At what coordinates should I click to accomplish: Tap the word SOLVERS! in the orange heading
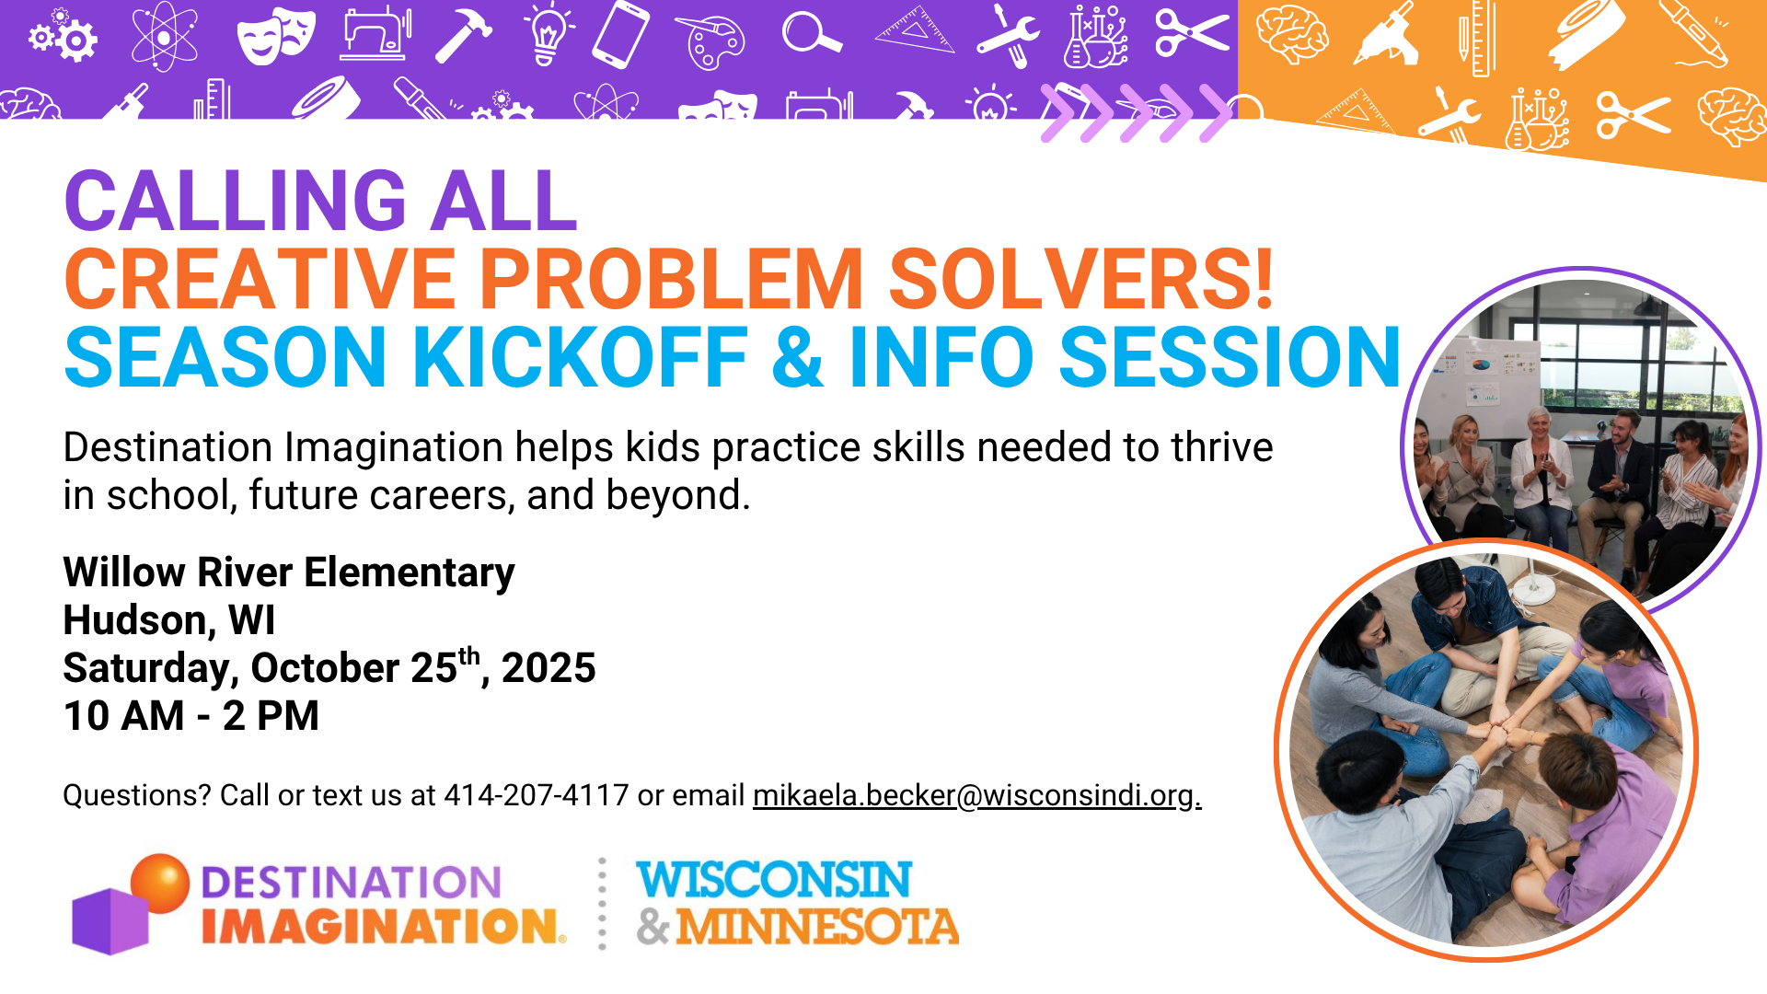(1081, 279)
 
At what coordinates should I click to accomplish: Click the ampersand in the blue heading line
(798, 357)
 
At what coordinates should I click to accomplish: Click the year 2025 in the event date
(549, 668)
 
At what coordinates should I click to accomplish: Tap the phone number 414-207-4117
(537, 795)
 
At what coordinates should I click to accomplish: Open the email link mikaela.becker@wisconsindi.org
(977, 795)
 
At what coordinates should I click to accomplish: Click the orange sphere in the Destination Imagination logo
(160, 882)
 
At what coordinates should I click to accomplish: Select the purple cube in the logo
(110, 921)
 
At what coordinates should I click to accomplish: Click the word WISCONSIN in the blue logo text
(774, 880)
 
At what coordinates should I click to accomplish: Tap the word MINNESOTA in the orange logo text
(817, 927)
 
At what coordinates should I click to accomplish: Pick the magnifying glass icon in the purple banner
(812, 34)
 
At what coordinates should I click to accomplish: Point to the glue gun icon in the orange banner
(1386, 34)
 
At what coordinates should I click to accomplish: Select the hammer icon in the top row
(463, 36)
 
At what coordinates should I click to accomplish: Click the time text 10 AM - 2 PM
(191, 716)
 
